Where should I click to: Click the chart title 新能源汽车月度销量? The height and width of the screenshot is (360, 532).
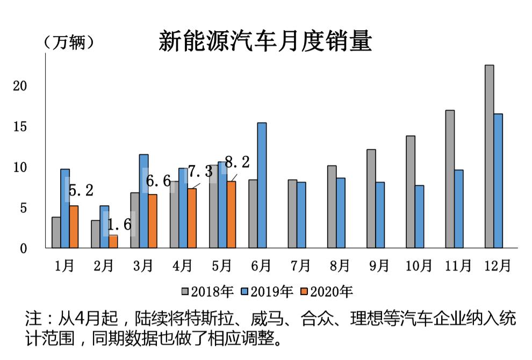coord(265,41)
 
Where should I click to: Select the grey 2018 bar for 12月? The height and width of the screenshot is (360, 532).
coord(489,156)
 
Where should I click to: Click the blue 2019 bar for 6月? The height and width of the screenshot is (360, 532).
coord(262,185)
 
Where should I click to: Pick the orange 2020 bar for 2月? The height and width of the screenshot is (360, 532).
coord(113,242)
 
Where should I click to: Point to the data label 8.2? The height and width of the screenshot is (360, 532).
coord(236,162)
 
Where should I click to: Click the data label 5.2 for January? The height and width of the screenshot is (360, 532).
coord(81,190)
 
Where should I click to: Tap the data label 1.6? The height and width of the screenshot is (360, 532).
coord(119,225)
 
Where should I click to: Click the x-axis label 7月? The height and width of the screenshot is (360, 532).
coord(300,265)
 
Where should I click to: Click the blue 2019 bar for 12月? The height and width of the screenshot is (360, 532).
coord(498,181)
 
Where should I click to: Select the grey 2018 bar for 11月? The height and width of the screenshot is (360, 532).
coord(450,179)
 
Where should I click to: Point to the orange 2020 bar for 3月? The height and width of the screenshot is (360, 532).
coord(153,221)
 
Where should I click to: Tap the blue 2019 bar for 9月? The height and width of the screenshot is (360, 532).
coord(380,215)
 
